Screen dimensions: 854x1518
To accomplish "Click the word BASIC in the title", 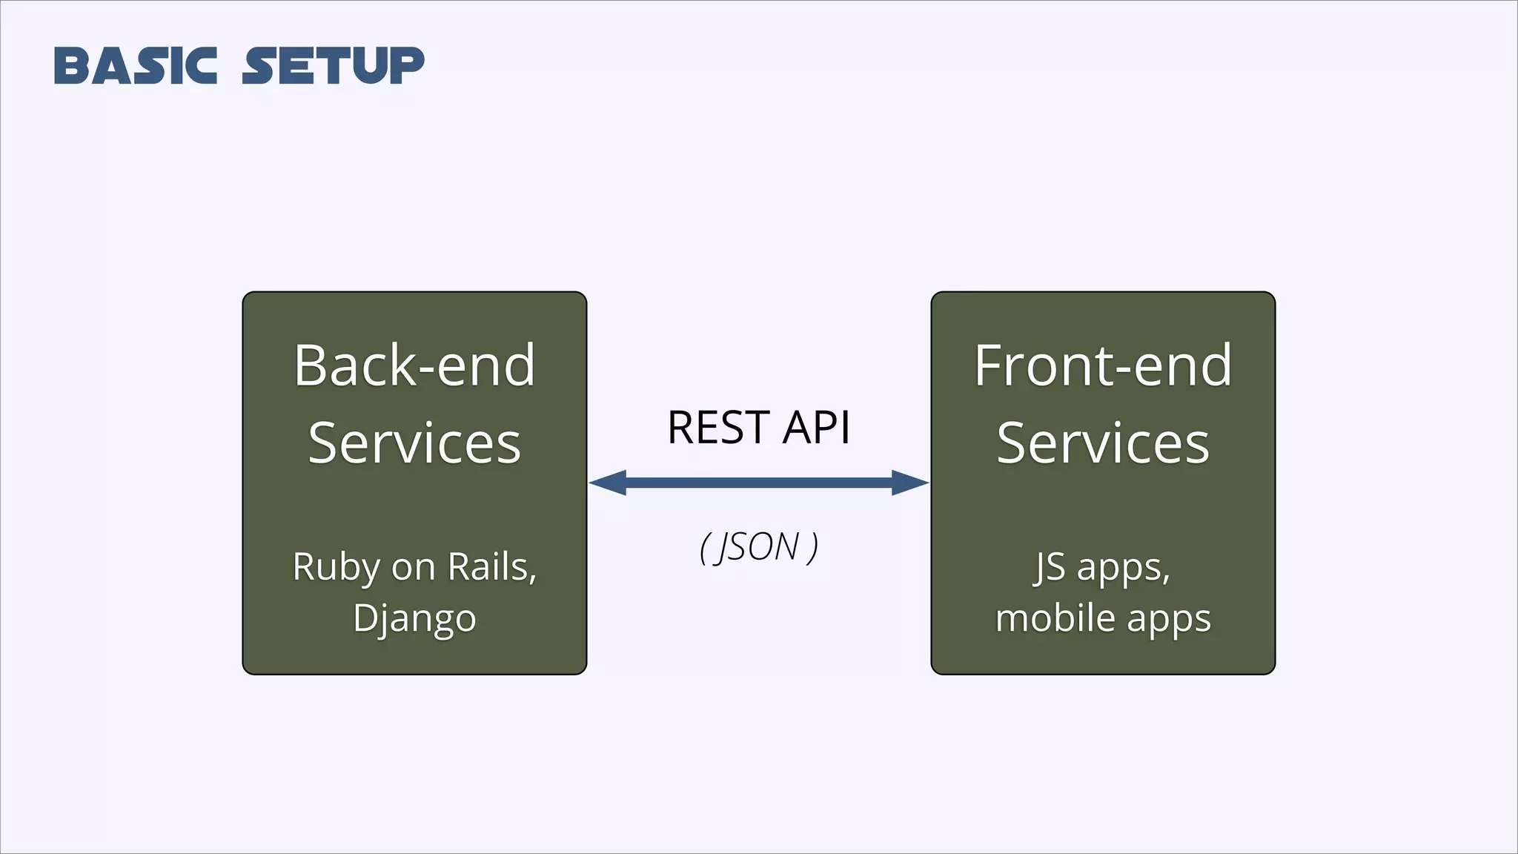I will click(x=136, y=65).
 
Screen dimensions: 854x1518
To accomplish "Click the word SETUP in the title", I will click(x=334, y=65).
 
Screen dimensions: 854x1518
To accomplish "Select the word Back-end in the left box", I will click(x=414, y=365).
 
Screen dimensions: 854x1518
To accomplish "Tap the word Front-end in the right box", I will click(x=1103, y=365).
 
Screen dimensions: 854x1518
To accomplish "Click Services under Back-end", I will click(x=414, y=443).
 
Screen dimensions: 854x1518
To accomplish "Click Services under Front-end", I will click(x=1103, y=443).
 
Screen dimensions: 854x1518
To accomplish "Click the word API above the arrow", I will click(x=817, y=428).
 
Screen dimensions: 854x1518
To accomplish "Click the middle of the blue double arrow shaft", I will click(x=759, y=483).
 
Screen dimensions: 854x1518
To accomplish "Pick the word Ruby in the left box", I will click(x=336, y=568).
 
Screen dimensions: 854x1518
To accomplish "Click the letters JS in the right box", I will click(x=1050, y=567).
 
